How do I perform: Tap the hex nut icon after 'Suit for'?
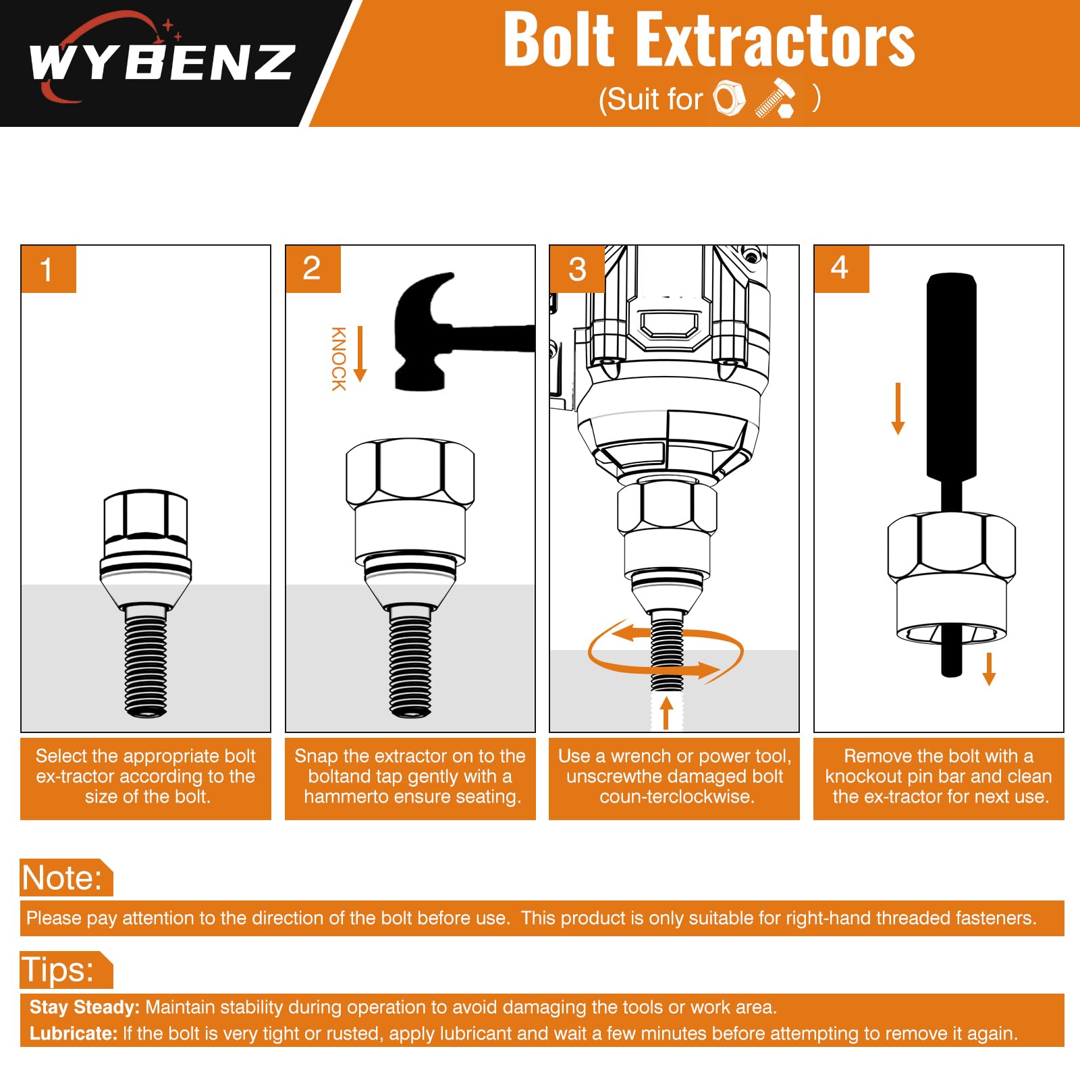tap(730, 99)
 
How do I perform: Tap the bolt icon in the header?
tap(776, 99)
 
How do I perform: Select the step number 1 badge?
tap(49, 269)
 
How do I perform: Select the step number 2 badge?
tap(313, 269)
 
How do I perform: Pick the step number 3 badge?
tap(577, 269)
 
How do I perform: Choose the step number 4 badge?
tap(842, 269)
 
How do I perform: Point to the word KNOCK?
tap(338, 359)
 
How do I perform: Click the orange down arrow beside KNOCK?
tap(360, 354)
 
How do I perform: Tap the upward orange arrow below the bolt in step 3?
tap(667, 713)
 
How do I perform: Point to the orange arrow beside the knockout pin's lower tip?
tap(990, 669)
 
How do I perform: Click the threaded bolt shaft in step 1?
tap(146, 662)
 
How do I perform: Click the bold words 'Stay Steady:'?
tap(84, 1007)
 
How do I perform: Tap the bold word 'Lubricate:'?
tap(74, 1033)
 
